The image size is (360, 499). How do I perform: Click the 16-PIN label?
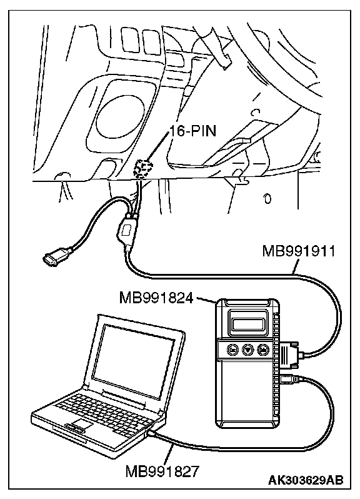pos(192,131)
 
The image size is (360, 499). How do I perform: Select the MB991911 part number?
pos(298,252)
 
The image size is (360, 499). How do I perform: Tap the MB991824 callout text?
pos(156,298)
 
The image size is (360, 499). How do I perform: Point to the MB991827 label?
pos(162,471)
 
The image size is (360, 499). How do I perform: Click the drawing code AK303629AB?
pos(306,480)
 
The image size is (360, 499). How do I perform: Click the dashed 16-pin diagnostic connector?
pos(143,169)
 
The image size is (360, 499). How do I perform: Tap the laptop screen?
pos(134,361)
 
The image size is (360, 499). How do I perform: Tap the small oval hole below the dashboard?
pos(267,199)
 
